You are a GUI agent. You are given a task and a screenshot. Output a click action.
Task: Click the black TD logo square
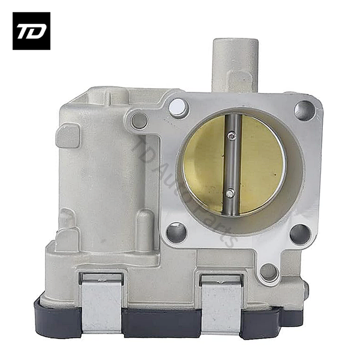point(31,31)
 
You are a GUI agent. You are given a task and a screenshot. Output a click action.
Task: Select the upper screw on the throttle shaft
point(233,137)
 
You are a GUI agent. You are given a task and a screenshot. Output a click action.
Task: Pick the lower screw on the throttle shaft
point(230,193)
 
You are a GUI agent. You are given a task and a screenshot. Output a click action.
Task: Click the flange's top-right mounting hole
point(305,110)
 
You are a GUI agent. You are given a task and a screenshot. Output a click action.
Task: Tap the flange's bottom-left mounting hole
point(176,233)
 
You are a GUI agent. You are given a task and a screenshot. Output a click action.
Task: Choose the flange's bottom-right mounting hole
point(300,233)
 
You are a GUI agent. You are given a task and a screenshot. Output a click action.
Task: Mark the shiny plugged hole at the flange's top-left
point(178,108)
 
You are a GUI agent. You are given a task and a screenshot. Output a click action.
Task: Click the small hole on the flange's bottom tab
point(269,272)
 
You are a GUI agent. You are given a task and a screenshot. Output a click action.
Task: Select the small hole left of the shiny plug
point(140,121)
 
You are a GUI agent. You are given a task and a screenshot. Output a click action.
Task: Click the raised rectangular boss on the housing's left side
point(68,136)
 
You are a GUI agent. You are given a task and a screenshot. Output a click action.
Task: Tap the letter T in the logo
point(25,31)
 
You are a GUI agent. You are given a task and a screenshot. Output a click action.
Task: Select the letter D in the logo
point(37,31)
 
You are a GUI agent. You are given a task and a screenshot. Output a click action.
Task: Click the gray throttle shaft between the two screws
point(232,165)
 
